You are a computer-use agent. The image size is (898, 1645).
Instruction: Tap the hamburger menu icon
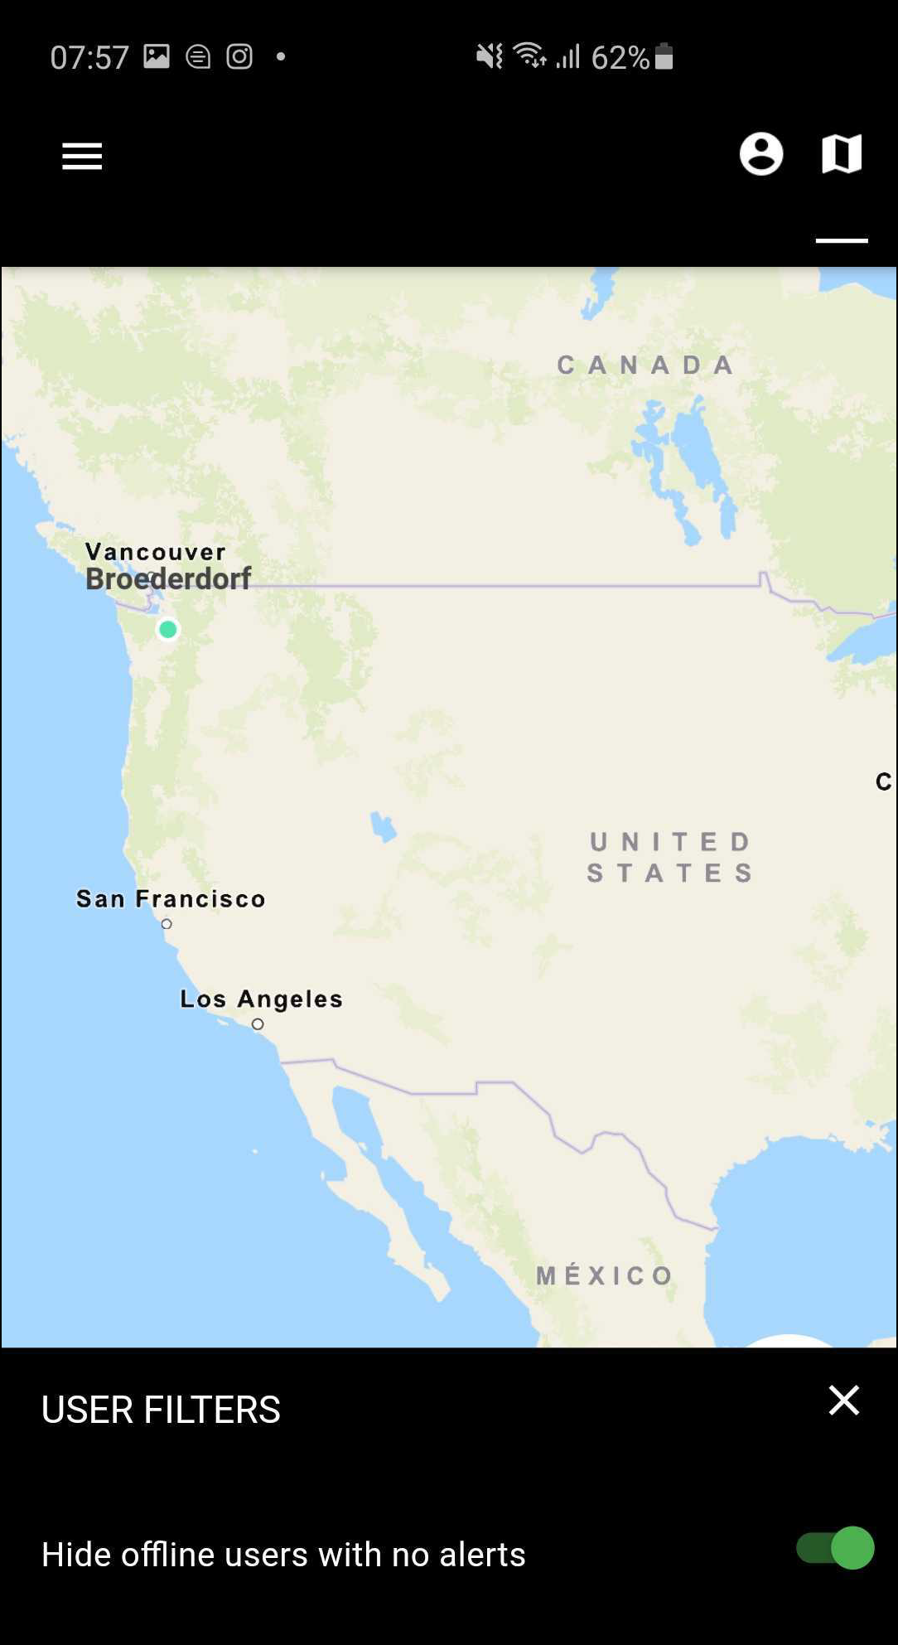[82, 156]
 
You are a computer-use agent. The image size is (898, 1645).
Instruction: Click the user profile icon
[760, 154]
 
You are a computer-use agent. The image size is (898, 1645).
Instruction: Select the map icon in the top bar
[842, 154]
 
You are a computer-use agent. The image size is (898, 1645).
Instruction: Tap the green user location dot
[168, 630]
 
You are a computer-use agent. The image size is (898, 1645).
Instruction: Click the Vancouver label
[156, 552]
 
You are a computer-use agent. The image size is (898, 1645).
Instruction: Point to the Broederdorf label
[168, 578]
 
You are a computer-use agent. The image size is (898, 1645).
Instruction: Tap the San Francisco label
[171, 898]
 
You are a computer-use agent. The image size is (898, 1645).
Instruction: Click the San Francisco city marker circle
[167, 924]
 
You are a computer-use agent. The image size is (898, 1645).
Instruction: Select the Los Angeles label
[261, 999]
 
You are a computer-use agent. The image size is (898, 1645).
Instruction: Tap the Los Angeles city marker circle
[258, 1024]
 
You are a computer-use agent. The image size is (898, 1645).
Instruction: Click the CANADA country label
[646, 365]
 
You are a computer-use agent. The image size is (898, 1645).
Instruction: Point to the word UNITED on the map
[670, 842]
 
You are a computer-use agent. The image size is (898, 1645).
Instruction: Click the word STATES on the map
[670, 873]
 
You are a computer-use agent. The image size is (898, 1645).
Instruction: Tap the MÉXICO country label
[605, 1275]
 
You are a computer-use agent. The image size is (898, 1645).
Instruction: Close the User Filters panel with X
[844, 1401]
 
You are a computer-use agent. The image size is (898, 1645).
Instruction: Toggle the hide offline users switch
[835, 1548]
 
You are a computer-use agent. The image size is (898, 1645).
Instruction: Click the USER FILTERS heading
[161, 1410]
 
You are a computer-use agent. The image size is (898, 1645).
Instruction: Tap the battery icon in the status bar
[664, 56]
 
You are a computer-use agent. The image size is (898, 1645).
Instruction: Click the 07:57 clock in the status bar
[89, 57]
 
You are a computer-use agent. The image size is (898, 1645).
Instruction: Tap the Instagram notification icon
[239, 56]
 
